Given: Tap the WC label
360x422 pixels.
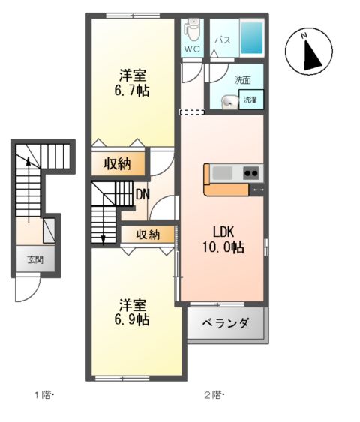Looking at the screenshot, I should click(192, 50).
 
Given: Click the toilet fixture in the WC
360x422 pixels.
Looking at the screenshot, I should click(193, 30).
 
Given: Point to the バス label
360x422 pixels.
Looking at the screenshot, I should click(223, 39).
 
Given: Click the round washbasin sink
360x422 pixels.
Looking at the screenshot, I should click(229, 100).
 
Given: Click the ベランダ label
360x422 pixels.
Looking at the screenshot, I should click(224, 325).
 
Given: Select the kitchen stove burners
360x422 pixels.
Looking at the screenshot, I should click(250, 173).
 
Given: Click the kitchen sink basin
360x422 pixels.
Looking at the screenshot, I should click(223, 173).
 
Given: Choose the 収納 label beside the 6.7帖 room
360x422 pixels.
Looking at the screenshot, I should click(118, 162).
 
